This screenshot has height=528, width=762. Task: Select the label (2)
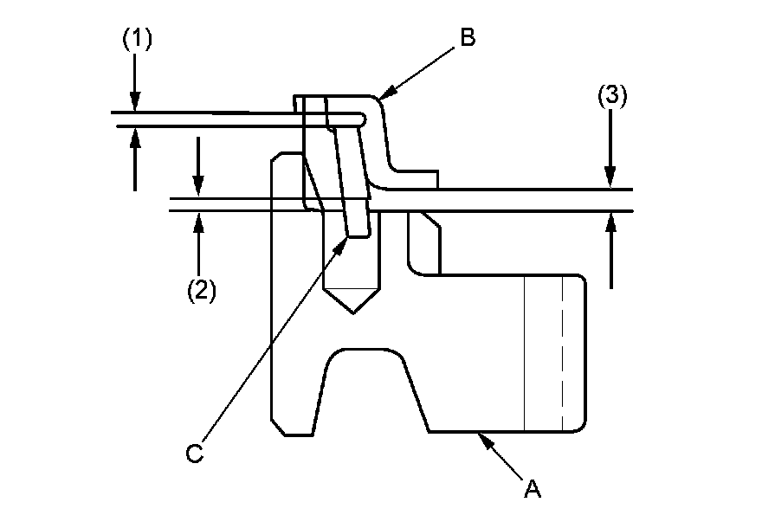coord(200,290)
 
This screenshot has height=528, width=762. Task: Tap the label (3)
coord(611,96)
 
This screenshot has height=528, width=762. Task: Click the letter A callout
coord(533,489)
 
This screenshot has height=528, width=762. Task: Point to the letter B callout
coord(468,39)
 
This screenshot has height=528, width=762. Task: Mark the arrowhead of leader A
coord(485,437)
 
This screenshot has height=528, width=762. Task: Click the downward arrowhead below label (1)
coord(135,105)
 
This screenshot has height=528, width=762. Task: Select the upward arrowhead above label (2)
coord(199,221)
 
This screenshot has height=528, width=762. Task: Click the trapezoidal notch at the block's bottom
coord(369,390)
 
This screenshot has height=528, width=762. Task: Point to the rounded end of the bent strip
coord(362,119)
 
